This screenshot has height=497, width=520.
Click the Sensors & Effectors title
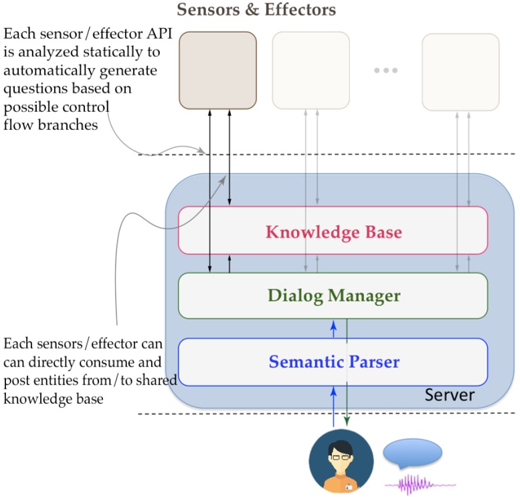[x=256, y=10]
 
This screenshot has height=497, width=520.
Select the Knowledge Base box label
[x=333, y=232]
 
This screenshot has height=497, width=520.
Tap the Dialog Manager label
[x=334, y=295]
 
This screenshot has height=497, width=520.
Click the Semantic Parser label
[x=334, y=362]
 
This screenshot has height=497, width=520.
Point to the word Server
[x=450, y=395]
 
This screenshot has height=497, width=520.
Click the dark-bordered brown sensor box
[x=218, y=70]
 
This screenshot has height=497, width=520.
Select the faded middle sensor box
[x=311, y=70]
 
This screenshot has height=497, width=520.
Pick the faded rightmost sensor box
[x=460, y=70]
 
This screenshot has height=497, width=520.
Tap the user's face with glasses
[x=341, y=455]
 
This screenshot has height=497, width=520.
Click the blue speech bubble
[x=412, y=453]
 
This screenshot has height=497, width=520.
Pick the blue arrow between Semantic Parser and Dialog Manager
[x=333, y=328]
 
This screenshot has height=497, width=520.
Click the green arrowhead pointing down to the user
[x=347, y=421]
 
